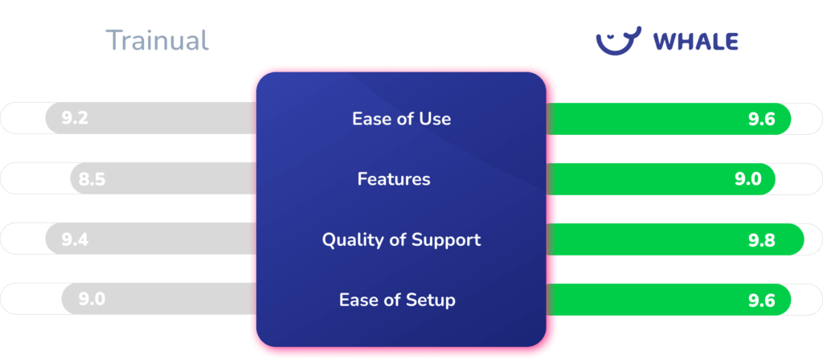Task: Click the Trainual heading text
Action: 157,40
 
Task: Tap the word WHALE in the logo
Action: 695,42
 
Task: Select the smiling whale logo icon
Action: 618,40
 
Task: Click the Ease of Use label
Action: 401,119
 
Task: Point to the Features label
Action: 394,179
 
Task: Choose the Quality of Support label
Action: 401,239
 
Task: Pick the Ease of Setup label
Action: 397,301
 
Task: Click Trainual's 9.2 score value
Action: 74,119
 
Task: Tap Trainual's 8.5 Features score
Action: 92,179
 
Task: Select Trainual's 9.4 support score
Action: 75,239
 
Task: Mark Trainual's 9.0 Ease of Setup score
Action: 92,300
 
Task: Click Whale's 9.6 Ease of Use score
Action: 760,119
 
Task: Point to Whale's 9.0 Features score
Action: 747,179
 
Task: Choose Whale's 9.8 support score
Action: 760,239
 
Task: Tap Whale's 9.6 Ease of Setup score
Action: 760,301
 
